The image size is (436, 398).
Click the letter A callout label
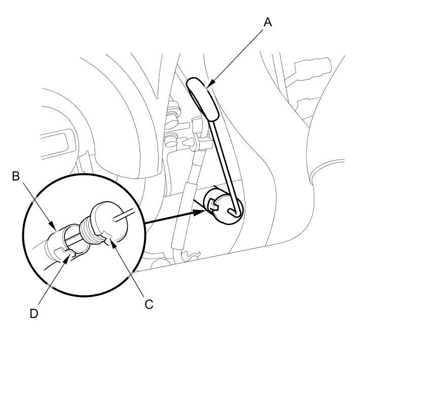click(x=268, y=22)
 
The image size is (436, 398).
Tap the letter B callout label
click(x=16, y=176)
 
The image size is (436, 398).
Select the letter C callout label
click(x=149, y=304)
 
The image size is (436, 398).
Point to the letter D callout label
click(x=33, y=313)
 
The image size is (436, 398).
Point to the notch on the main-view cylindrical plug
click(x=212, y=205)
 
